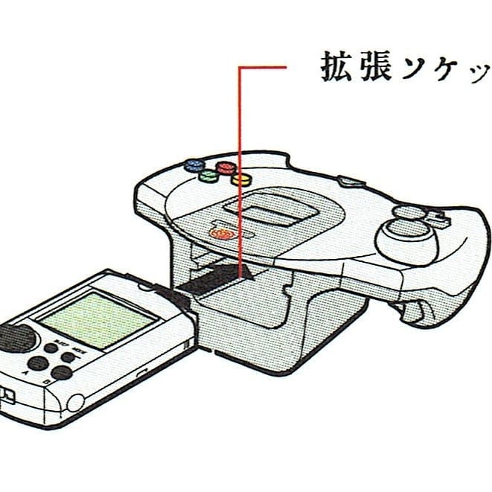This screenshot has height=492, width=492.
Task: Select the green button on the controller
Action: [x=209, y=178]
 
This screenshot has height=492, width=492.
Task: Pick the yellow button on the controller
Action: [x=240, y=179]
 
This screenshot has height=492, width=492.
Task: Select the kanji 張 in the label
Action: [x=372, y=68]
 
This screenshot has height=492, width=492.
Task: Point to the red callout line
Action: [x=239, y=149]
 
